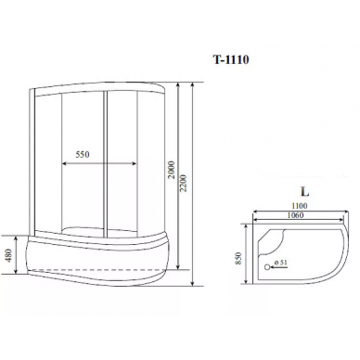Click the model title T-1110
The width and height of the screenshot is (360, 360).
pyautogui.click(x=231, y=59)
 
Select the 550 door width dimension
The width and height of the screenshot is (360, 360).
pyautogui.click(x=83, y=154)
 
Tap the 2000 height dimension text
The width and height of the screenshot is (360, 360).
pyautogui.click(x=171, y=170)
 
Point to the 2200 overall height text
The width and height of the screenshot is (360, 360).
pyautogui.click(x=183, y=183)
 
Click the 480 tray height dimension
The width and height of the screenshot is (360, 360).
pyautogui.click(x=9, y=255)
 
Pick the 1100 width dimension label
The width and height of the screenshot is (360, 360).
pyautogui.click(x=300, y=206)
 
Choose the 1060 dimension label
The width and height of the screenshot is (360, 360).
pyautogui.click(x=296, y=215)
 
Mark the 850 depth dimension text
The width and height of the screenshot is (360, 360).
pyautogui.click(x=238, y=258)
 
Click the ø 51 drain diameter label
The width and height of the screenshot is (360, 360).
pyautogui.click(x=281, y=262)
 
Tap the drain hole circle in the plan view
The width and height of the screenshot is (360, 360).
pyautogui.click(x=266, y=267)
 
